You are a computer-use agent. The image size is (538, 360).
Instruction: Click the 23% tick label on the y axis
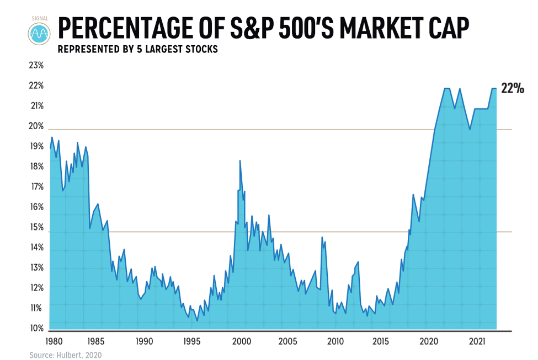(36, 66)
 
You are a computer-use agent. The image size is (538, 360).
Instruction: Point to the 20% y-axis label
(36, 126)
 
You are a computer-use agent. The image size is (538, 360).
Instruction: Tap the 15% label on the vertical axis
(36, 227)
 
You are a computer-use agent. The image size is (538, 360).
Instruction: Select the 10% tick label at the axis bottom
(36, 329)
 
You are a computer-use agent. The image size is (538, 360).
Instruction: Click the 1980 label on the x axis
(53, 341)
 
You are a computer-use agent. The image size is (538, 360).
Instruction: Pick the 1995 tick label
(191, 341)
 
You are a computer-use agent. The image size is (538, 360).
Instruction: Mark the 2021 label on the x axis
(477, 341)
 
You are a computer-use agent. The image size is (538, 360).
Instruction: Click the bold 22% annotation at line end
(512, 89)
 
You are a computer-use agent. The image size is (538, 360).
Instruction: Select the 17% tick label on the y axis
(36, 187)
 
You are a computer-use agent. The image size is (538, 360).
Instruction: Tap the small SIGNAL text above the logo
(39, 18)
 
